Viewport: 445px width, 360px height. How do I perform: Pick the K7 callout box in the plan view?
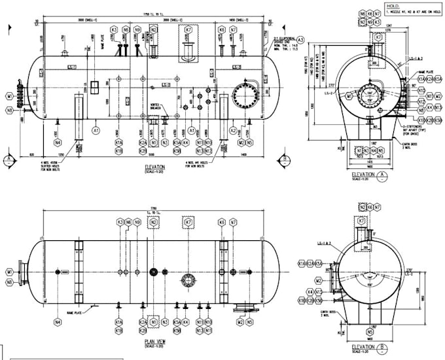188,223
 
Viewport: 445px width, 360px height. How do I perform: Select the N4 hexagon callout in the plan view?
58,322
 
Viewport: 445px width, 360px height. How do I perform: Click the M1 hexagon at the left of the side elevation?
10,96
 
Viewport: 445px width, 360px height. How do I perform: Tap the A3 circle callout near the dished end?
283,39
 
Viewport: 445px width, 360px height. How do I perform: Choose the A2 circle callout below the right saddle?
232,131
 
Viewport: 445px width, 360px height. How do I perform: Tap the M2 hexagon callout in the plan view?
240,322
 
